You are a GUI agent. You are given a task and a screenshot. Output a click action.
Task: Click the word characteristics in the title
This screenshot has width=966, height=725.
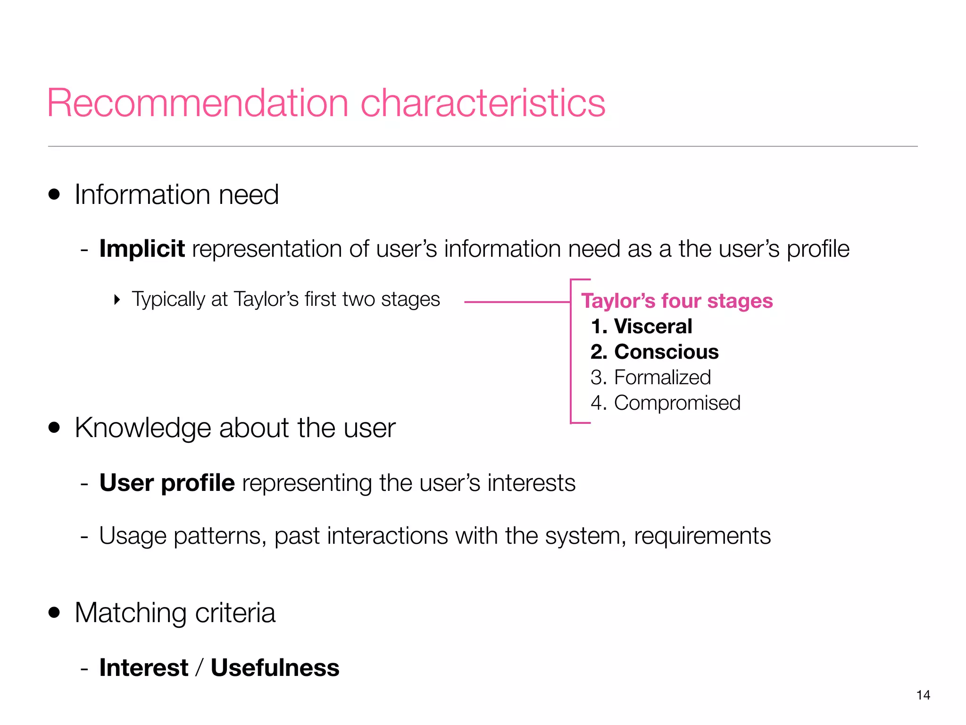(x=483, y=103)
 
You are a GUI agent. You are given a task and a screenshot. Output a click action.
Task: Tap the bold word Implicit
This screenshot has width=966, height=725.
(x=142, y=249)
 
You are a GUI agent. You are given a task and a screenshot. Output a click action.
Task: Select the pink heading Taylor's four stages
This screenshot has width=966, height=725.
(x=677, y=301)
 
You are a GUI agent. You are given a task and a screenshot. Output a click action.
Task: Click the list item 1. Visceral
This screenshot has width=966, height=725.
(x=641, y=327)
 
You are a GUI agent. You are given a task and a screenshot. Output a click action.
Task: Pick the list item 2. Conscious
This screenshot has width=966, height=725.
(x=655, y=352)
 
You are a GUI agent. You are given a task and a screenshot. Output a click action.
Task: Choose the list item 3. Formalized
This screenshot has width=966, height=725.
(x=650, y=378)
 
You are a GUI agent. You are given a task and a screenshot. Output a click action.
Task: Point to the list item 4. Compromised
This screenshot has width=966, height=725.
(x=665, y=403)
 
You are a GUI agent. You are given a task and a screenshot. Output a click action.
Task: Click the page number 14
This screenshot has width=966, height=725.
(x=923, y=695)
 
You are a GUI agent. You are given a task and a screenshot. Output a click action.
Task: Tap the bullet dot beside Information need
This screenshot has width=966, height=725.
(x=54, y=194)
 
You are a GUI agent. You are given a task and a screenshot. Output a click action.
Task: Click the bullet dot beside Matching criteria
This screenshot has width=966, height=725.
(x=54, y=613)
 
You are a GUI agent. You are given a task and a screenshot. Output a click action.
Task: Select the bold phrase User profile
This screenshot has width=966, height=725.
(x=167, y=483)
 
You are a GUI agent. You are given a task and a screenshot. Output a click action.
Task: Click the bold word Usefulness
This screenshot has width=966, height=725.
(x=275, y=668)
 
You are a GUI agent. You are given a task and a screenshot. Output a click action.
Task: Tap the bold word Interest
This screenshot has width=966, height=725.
(x=144, y=668)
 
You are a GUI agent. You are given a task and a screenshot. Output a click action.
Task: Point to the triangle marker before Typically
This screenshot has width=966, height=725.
(x=117, y=300)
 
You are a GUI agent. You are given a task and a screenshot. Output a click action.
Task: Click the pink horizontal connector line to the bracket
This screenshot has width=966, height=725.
(x=516, y=302)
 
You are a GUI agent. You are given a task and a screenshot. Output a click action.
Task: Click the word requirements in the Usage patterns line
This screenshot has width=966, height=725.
(x=702, y=536)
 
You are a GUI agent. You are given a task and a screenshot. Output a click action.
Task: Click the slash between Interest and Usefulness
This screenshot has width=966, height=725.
(x=200, y=668)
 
